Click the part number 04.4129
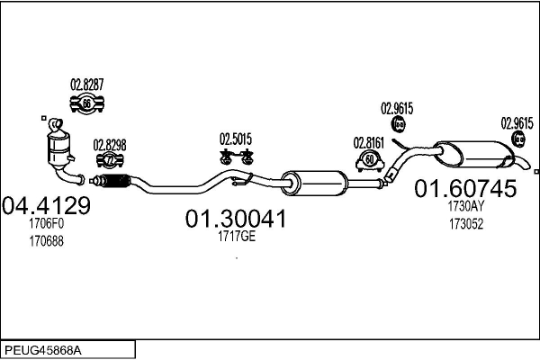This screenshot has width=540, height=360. click(x=46, y=206)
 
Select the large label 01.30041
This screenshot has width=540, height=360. click(x=236, y=219)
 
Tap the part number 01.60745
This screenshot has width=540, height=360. click(x=465, y=188)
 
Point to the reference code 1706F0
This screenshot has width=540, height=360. click(x=46, y=223)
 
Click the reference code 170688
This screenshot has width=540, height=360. click(x=46, y=241)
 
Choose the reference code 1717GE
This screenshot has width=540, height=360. click(x=237, y=237)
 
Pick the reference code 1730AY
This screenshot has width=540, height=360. click(x=466, y=206)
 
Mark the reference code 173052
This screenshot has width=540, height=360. click(x=466, y=224)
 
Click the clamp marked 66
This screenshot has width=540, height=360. click(x=86, y=103)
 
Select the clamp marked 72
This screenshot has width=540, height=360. click(x=110, y=160)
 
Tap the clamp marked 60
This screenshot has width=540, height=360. click(x=370, y=161)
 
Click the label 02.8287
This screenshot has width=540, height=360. click(x=86, y=85)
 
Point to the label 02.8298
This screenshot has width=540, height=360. click(x=110, y=146)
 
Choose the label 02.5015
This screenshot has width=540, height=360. click(x=236, y=139)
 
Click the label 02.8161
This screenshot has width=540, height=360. click(x=368, y=143)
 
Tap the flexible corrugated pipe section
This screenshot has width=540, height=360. click(x=115, y=181)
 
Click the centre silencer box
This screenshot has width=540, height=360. click(x=314, y=183)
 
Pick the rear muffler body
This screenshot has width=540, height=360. click(x=474, y=154)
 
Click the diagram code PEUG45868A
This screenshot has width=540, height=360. click(x=43, y=351)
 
